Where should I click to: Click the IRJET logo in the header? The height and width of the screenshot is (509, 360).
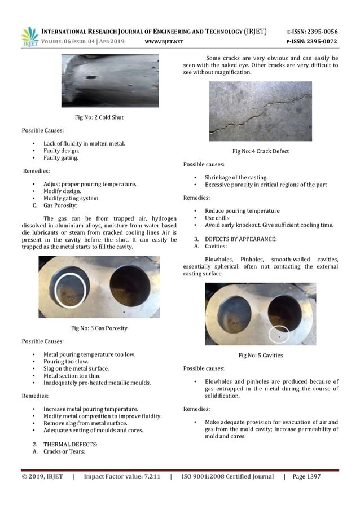click(x=29, y=36)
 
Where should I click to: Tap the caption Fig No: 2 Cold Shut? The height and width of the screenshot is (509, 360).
click(x=99, y=117)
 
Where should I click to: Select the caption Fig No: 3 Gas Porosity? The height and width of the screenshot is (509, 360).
click(x=99, y=328)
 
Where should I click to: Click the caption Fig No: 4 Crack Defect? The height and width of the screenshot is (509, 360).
click(x=261, y=151)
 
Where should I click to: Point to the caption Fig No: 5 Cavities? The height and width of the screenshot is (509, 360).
click(x=261, y=355)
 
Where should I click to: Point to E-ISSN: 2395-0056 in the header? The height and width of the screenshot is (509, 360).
click(x=312, y=32)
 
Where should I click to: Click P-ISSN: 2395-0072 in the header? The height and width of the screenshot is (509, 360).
click(x=312, y=42)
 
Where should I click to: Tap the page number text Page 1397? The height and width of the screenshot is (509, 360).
click(x=306, y=476)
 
